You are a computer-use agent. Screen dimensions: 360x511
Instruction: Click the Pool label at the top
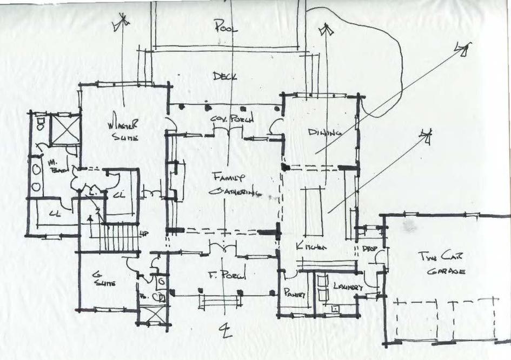click(225, 25)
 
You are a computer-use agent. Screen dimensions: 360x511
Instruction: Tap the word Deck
click(224, 76)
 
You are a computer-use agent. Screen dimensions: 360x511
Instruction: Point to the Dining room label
click(325, 132)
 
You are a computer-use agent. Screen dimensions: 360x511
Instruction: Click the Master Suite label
click(125, 129)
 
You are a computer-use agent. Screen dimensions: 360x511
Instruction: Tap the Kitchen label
click(311, 246)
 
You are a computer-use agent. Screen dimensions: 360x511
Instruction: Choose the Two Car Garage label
click(441, 263)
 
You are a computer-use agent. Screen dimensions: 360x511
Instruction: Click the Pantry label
click(295, 293)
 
